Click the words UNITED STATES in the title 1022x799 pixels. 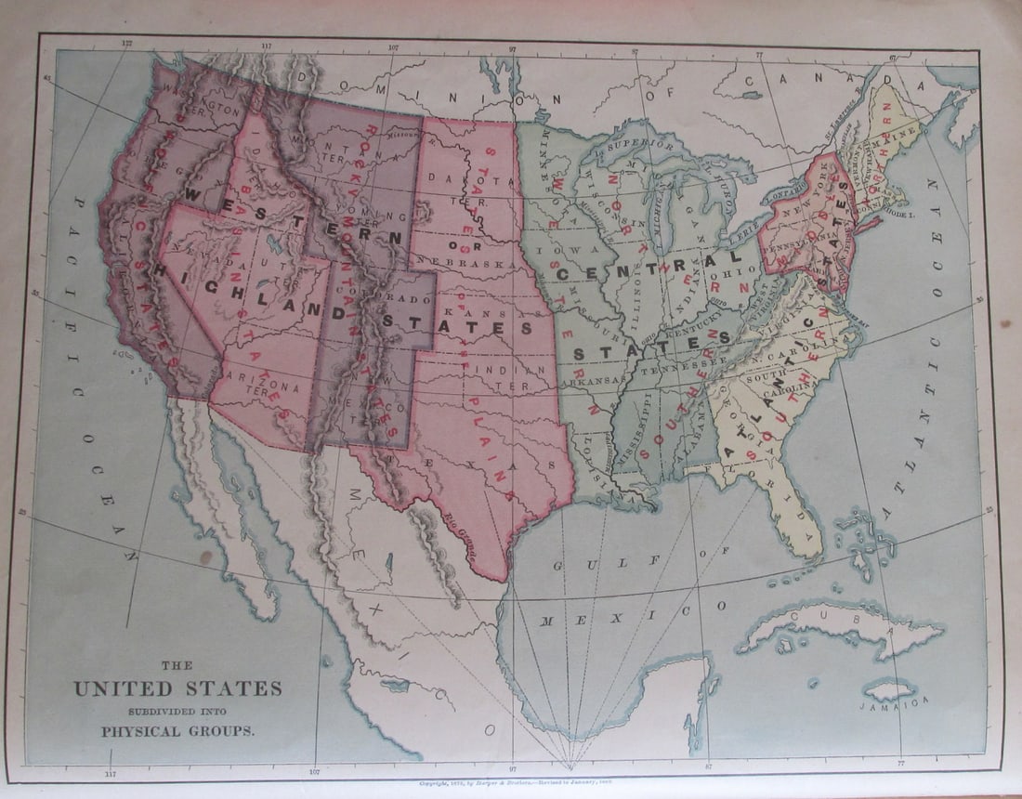[177, 688]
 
